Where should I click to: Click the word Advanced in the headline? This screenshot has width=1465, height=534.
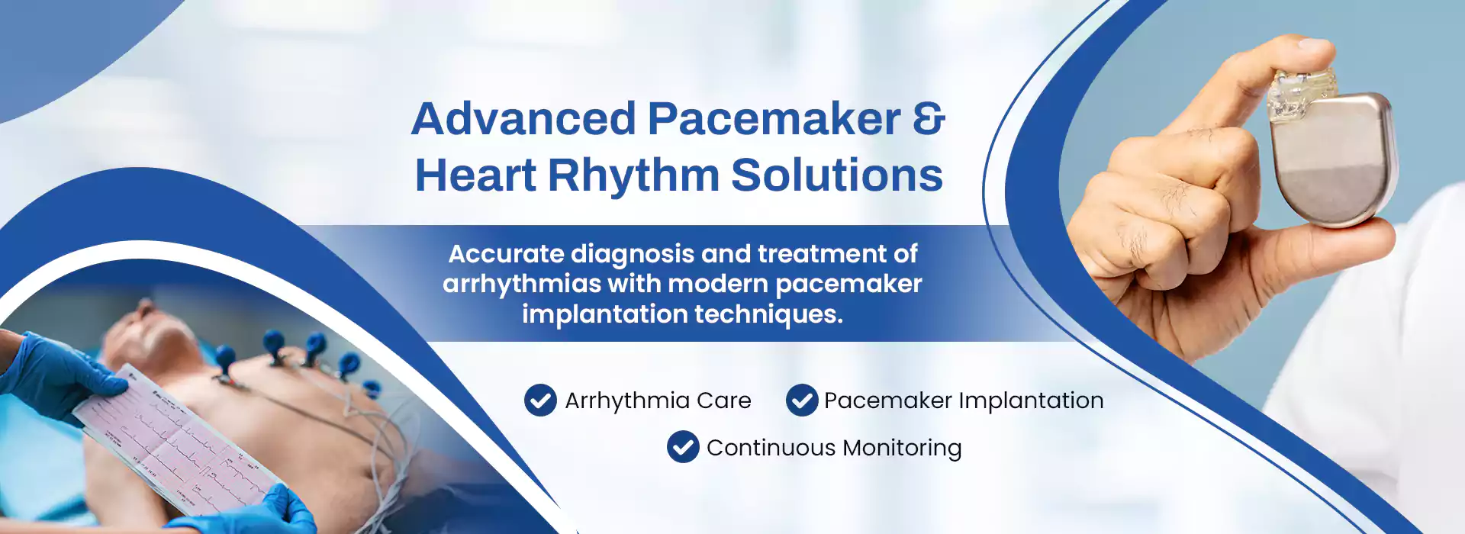coord(523,119)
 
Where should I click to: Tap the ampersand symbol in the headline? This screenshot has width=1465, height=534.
coord(929,119)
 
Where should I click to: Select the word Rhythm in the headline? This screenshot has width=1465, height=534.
coord(633,175)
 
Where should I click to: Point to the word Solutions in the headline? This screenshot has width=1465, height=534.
coord(837,175)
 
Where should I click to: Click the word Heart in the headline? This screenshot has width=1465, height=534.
coord(475,175)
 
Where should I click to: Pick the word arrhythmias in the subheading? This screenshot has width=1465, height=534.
coord(522,285)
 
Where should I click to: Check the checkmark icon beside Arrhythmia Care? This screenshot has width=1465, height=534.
coord(540,400)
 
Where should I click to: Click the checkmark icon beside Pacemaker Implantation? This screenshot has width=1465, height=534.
coord(802,400)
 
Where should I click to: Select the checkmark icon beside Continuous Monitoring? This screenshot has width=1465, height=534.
coord(683,447)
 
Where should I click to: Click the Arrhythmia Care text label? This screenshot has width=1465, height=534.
coord(658,400)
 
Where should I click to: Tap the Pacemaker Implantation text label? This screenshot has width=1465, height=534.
coord(964,400)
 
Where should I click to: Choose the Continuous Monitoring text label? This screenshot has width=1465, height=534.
coord(834,448)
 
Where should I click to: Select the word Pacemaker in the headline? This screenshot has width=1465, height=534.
coord(774,119)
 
